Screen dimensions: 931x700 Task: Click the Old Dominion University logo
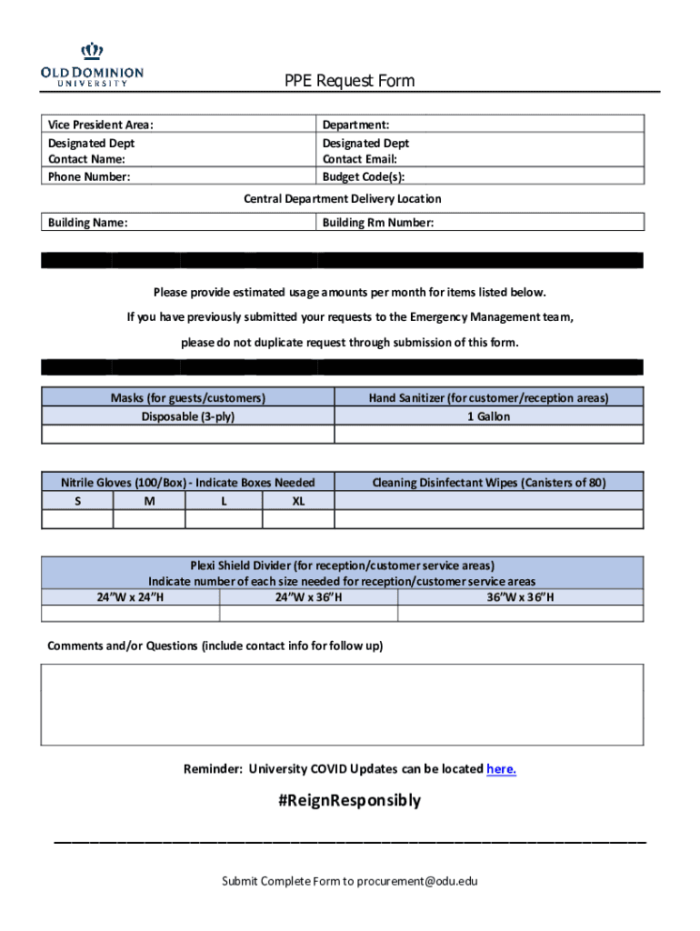(x=92, y=65)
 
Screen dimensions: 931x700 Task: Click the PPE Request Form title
(x=349, y=81)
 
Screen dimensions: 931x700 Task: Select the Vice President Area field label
(x=101, y=125)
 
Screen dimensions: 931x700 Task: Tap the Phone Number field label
(x=89, y=176)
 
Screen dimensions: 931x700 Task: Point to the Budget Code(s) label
(x=364, y=176)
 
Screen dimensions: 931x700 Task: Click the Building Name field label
(x=87, y=222)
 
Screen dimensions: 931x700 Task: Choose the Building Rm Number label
(x=378, y=222)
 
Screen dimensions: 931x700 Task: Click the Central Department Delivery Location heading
(x=343, y=198)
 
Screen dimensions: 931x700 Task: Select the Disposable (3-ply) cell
(x=188, y=416)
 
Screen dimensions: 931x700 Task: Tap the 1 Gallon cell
(x=488, y=416)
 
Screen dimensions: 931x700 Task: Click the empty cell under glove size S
(x=77, y=519)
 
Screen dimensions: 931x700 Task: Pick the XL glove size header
(x=298, y=501)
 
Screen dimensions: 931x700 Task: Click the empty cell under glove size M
(x=149, y=519)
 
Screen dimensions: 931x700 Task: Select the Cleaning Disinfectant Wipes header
(x=488, y=483)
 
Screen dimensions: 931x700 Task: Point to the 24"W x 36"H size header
(x=308, y=597)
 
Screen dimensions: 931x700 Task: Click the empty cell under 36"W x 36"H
(x=520, y=614)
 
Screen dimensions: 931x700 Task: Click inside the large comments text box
(x=343, y=705)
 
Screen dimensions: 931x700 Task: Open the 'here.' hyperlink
(x=501, y=769)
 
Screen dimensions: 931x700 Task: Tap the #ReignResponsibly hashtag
(x=349, y=801)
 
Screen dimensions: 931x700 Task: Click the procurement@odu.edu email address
(x=416, y=881)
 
